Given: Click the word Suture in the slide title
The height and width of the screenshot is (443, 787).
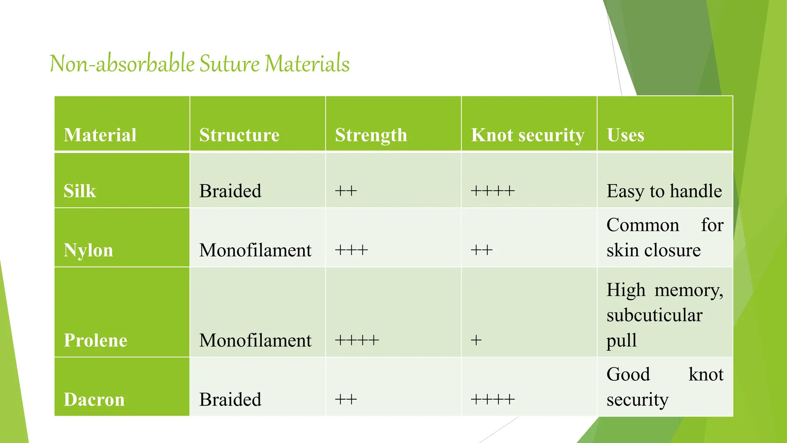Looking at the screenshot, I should (229, 64).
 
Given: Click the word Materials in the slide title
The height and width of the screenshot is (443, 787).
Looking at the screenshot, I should (307, 64).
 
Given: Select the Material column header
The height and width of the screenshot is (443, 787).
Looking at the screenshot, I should (100, 135).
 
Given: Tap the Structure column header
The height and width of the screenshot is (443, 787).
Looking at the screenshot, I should (239, 135).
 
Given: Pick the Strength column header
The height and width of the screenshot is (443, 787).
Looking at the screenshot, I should (371, 135).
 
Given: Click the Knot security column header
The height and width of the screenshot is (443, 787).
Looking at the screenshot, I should (528, 135).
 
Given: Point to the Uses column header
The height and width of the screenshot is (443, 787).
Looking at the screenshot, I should (625, 135).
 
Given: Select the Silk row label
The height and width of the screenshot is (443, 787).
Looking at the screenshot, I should (80, 191).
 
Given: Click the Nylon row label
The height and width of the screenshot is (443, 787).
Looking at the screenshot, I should (88, 250).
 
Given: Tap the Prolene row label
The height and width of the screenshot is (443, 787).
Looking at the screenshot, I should (95, 340).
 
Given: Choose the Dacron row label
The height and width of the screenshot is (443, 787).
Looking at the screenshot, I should (94, 400).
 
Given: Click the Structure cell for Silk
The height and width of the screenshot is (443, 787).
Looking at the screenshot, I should (230, 191).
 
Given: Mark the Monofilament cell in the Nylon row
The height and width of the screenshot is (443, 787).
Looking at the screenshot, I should (255, 250).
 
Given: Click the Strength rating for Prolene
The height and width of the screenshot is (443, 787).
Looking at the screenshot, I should (357, 340).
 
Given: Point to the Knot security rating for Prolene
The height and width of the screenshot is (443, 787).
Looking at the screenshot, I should (476, 340).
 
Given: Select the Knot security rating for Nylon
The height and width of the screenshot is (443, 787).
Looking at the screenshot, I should (481, 250).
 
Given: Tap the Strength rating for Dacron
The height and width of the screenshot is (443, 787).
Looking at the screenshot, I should (346, 400).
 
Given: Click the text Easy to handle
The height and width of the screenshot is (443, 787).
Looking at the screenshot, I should (664, 191).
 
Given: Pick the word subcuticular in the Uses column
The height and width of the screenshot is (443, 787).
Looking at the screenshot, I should (654, 315).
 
